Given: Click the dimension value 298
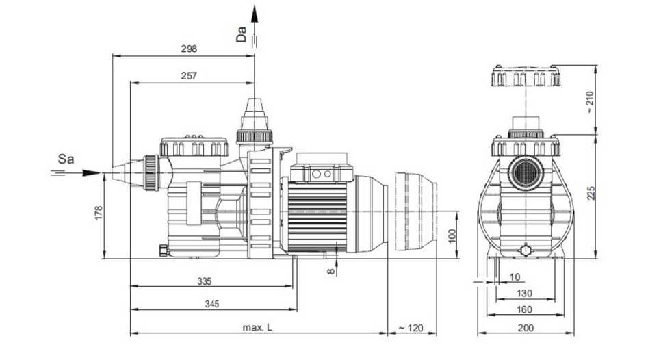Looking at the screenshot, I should [190, 49].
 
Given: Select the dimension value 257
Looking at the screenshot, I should [190, 76].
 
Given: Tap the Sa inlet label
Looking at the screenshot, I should [65, 159].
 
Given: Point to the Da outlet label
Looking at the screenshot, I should [241, 35].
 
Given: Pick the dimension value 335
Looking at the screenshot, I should [204, 281].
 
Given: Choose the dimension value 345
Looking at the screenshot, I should [211, 304].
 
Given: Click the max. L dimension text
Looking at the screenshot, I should [257, 328].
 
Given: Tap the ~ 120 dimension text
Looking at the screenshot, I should [411, 328].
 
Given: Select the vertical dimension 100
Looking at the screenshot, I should [452, 234].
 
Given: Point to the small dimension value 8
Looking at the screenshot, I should [330, 272].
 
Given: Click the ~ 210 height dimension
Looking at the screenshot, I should [589, 101].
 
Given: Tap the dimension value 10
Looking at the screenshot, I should [515, 277].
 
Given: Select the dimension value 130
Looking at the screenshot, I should [525, 293].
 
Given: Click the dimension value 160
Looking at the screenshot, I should [525, 309].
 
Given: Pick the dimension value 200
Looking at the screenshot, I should [525, 328].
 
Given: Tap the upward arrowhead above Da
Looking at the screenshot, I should [255, 14].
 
